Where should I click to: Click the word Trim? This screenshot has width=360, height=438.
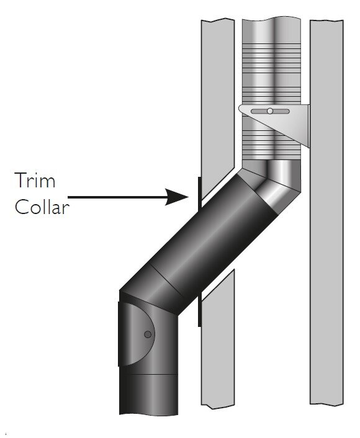(35, 180)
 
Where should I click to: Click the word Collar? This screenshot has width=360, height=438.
(42, 207)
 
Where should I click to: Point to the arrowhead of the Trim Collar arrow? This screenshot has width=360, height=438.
(177, 197)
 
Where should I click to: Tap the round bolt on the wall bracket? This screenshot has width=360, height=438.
(270, 111)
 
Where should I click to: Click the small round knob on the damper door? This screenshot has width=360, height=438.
(148, 334)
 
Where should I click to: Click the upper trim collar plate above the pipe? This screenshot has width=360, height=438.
(199, 194)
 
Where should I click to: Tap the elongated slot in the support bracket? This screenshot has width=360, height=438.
(270, 111)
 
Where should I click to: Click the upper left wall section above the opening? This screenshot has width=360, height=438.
(218, 104)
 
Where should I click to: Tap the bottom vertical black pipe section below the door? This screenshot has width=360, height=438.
(148, 394)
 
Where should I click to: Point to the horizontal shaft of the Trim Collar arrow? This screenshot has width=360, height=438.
(117, 197)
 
